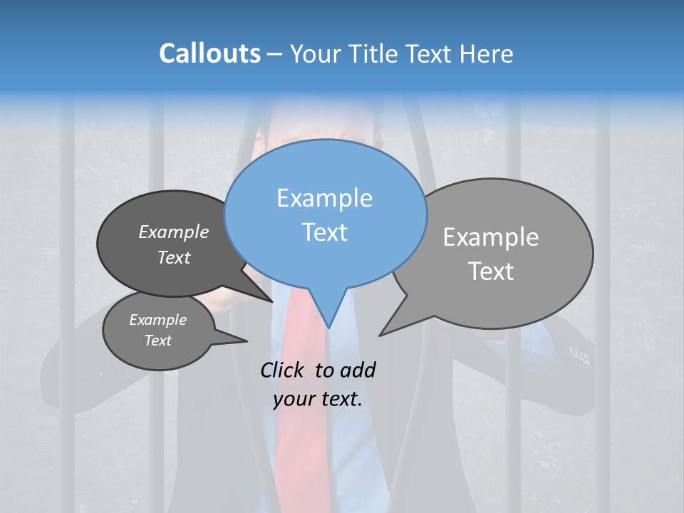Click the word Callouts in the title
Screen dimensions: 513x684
coord(209,53)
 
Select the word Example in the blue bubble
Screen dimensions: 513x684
coord(324,198)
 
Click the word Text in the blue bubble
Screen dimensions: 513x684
coord(324,232)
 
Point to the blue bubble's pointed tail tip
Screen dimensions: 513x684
coord(328,328)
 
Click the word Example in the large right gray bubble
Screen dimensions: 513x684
coord(491,237)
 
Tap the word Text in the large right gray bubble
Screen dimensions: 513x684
coord(491,271)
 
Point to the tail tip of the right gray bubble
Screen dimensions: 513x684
coord(380,335)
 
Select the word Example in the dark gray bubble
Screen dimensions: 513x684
coord(173,232)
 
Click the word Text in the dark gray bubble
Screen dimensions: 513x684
coord(173,257)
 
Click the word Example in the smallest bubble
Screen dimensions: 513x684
coord(157,320)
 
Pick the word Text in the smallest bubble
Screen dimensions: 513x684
coord(157,341)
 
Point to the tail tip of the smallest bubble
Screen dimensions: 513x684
coord(247,341)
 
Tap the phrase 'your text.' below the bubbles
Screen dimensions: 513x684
coord(317,399)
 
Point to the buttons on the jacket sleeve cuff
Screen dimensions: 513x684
coord(580,354)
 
